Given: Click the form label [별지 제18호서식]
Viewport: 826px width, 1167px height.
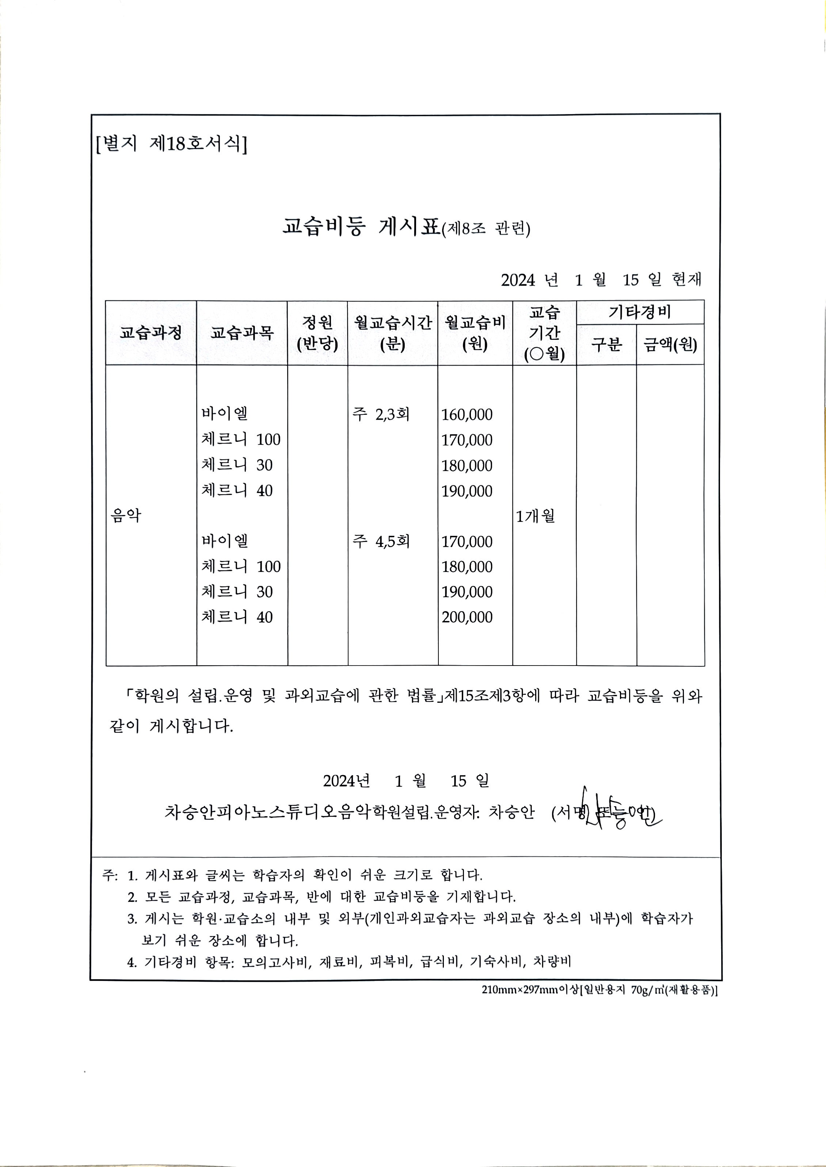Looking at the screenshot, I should [x=171, y=144].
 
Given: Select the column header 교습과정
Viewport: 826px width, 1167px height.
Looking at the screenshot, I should [x=151, y=333].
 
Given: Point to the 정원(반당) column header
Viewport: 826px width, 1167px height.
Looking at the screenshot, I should [x=317, y=333].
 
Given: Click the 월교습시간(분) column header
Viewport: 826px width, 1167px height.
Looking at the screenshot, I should [x=393, y=333].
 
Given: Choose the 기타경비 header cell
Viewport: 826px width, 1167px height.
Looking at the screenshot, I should [x=640, y=312].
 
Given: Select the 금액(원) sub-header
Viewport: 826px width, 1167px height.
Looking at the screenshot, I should [x=670, y=345].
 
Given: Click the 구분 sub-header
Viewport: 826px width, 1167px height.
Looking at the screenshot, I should [x=606, y=345].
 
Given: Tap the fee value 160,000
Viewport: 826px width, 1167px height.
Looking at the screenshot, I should [x=467, y=414].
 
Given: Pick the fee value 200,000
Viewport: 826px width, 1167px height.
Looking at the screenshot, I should [x=467, y=617].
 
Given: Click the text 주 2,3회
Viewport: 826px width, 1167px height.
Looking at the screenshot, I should [x=381, y=414].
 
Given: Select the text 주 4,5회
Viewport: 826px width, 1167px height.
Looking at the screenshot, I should [x=381, y=541].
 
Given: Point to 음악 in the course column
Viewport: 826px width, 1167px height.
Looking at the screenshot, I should [x=126, y=516].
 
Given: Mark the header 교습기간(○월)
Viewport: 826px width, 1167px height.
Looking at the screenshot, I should [x=544, y=333].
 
